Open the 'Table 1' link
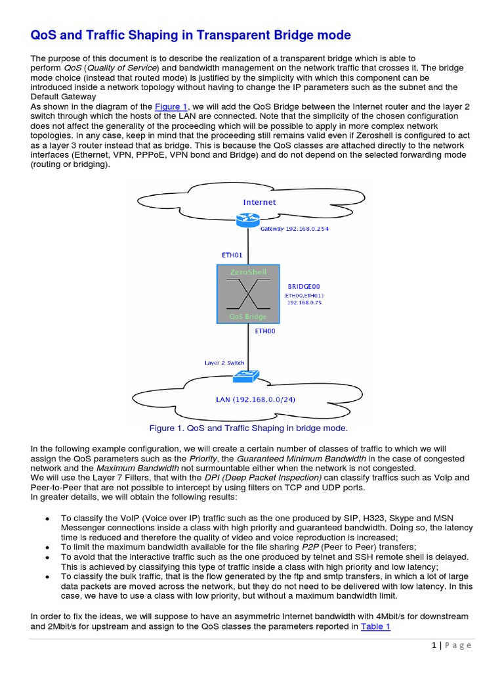coord(375,626)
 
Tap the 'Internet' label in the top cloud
coord(260,202)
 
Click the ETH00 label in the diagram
coord(266,333)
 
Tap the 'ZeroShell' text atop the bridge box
coord(248,271)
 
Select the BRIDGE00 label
coord(305,287)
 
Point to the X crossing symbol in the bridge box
coord(248,293)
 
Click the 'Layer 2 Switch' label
coord(224,363)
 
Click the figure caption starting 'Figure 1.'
coord(249,428)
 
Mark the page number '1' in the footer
coord(435,645)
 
